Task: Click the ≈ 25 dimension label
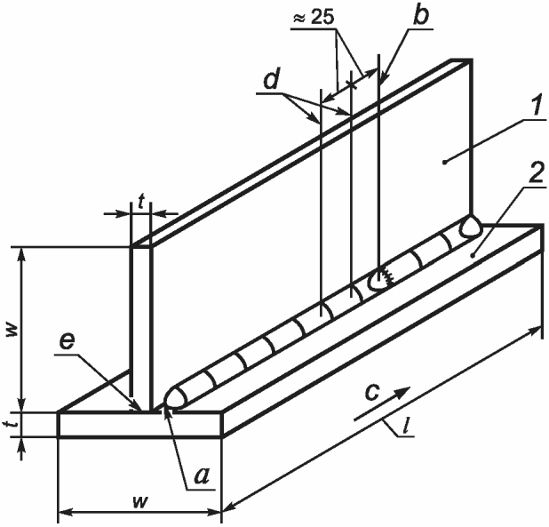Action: click(314, 17)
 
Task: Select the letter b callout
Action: click(420, 15)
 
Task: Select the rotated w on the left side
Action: click(13, 330)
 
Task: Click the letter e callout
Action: click(67, 342)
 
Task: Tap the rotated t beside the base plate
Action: click(13, 424)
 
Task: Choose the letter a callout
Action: click(202, 476)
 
